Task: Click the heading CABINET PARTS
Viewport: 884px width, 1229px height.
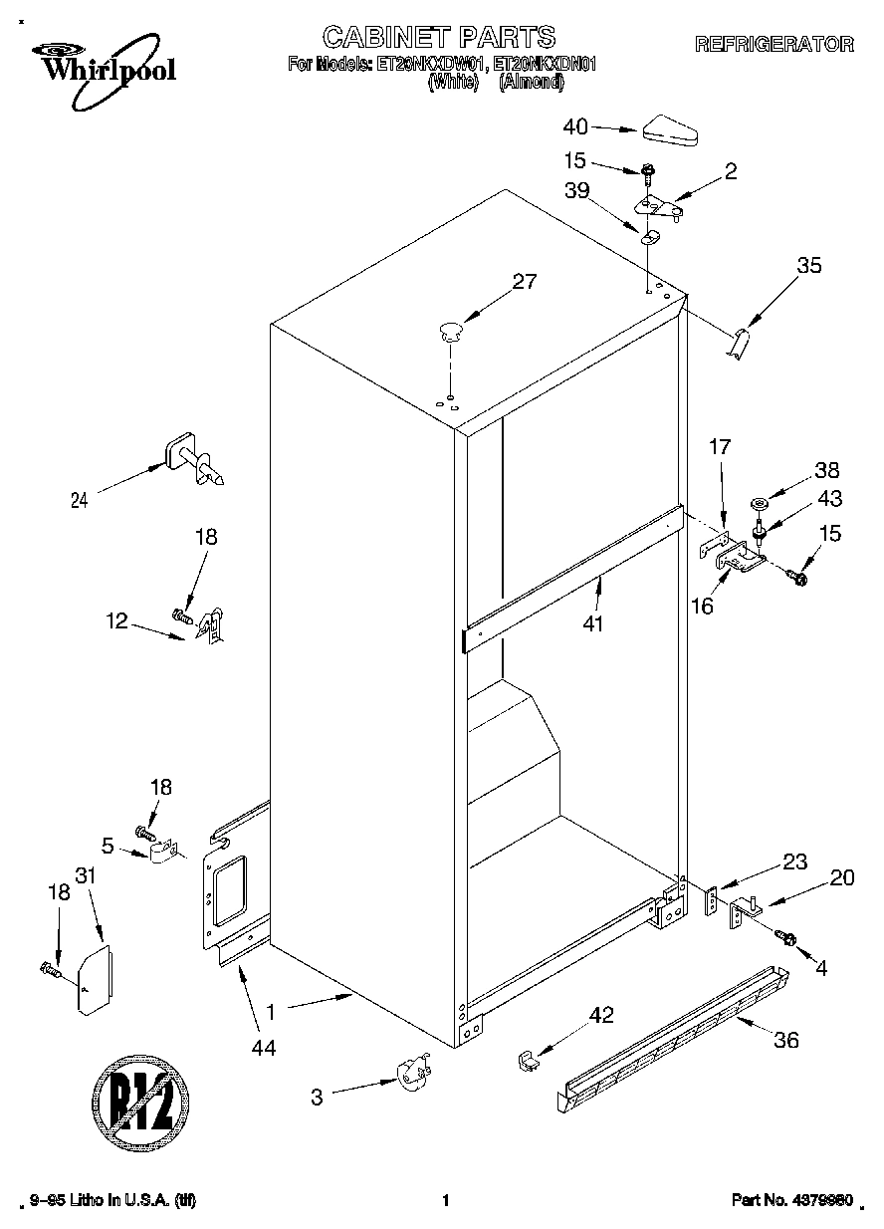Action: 439,37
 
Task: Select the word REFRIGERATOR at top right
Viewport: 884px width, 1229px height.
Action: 773,44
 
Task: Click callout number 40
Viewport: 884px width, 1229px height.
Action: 576,126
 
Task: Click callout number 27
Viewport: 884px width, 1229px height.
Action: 524,282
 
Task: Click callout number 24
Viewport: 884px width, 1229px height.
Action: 79,501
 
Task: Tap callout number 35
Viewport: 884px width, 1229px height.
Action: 809,266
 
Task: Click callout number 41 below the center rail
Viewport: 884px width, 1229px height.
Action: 593,623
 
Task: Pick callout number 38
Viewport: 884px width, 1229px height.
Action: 827,471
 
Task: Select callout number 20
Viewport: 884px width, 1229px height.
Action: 841,877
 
